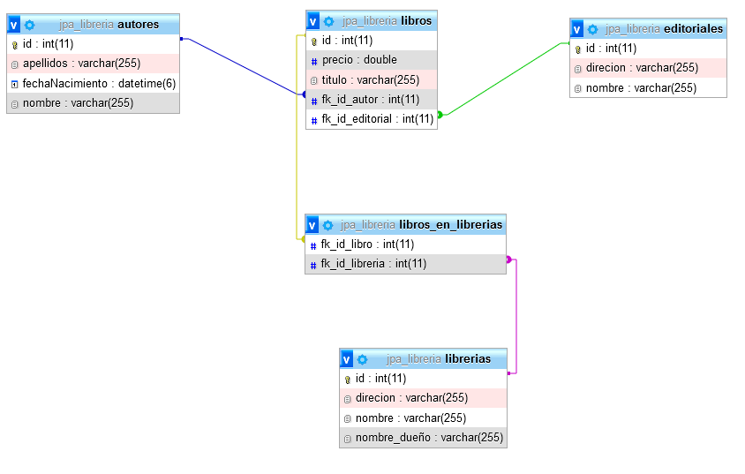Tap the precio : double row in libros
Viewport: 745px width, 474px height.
coord(359,60)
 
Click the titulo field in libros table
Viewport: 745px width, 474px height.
coord(370,79)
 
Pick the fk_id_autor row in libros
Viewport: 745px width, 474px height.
coord(370,99)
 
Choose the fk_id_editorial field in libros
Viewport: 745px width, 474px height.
coord(377,119)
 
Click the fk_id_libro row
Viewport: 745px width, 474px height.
coord(367,244)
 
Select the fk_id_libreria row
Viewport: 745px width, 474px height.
coord(373,263)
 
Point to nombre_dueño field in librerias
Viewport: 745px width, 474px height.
coord(429,438)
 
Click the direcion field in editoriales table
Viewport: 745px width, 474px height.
coord(642,68)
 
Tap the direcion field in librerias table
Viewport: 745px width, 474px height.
coord(411,398)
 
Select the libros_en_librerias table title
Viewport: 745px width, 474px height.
coord(450,225)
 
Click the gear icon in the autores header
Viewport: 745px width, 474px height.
coord(29,25)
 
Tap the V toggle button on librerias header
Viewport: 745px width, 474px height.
coord(347,359)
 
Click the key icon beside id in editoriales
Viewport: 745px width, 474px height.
coord(578,49)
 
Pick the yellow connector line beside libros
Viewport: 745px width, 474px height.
coord(297,159)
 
